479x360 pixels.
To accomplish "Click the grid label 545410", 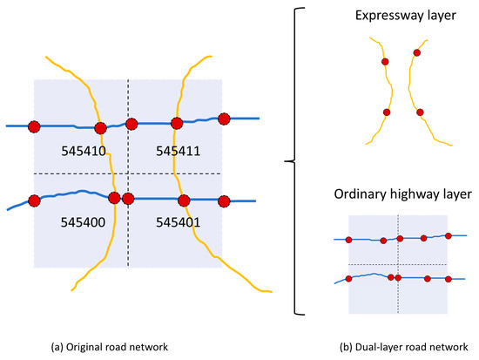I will click(84, 151).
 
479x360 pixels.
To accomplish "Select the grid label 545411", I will click(179, 151).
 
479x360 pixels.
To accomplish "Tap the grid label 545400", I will click(84, 222).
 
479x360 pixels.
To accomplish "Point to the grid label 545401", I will click(179, 222).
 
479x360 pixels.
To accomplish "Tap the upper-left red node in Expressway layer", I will click(383, 62).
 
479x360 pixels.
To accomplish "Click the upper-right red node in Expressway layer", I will click(417, 53).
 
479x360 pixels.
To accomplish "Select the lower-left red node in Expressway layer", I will click(386, 112).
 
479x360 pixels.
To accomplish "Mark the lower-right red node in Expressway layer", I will click(420, 112).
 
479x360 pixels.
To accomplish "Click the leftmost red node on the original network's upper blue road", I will click(34, 126).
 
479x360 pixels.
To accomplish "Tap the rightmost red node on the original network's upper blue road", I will click(224, 119).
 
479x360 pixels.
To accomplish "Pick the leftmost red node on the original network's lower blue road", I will click(34, 201).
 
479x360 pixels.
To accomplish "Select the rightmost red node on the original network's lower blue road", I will click(224, 201).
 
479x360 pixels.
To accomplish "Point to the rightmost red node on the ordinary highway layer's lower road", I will click(449, 278).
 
